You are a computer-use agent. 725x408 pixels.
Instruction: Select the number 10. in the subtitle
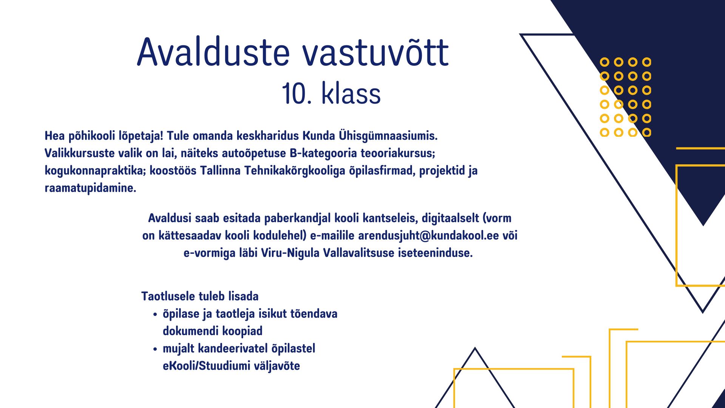[x=297, y=93]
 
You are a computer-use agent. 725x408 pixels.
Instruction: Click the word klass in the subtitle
[x=351, y=93]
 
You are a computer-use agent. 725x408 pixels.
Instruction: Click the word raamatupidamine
[x=90, y=188]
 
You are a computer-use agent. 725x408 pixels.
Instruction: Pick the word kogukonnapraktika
[x=95, y=171]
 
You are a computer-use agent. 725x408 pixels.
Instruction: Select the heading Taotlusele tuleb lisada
[x=200, y=296]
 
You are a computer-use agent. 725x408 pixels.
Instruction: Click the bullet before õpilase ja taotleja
[x=155, y=314]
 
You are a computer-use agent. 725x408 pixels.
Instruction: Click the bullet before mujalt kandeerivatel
[x=155, y=349]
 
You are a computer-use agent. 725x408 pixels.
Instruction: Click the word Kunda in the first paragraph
[x=319, y=136]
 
